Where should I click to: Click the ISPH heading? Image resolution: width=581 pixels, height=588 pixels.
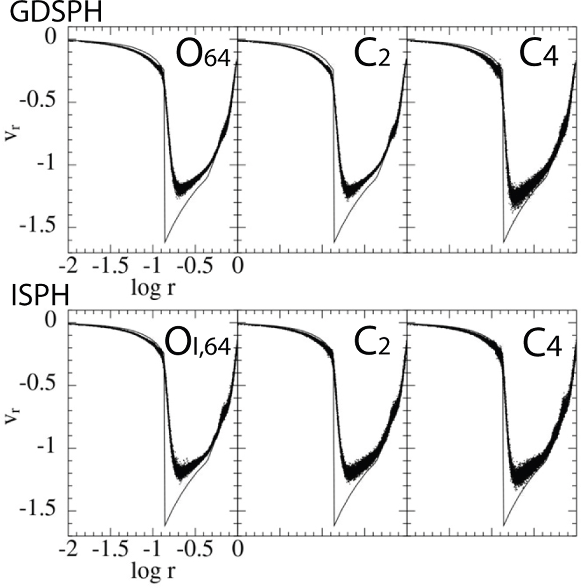(40, 296)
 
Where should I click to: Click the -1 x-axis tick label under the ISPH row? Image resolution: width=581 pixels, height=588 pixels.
(153, 551)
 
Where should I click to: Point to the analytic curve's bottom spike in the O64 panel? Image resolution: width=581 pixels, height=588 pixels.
(165, 241)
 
